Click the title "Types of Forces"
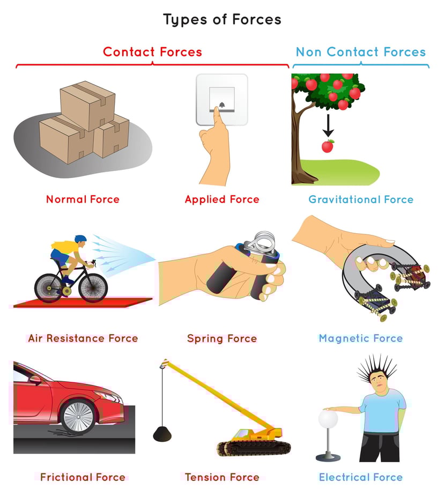222,20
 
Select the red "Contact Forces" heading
152,52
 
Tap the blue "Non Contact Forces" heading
360,52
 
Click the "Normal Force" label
83,199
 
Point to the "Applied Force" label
222,199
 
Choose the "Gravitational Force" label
361,199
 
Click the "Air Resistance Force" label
83,338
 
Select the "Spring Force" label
222,338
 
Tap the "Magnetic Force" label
360,338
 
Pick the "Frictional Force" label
83,477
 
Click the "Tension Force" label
222,477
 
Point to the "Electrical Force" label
360,477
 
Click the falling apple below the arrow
327,146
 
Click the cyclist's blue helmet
80,239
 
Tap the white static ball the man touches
327,417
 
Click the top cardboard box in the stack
87,105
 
